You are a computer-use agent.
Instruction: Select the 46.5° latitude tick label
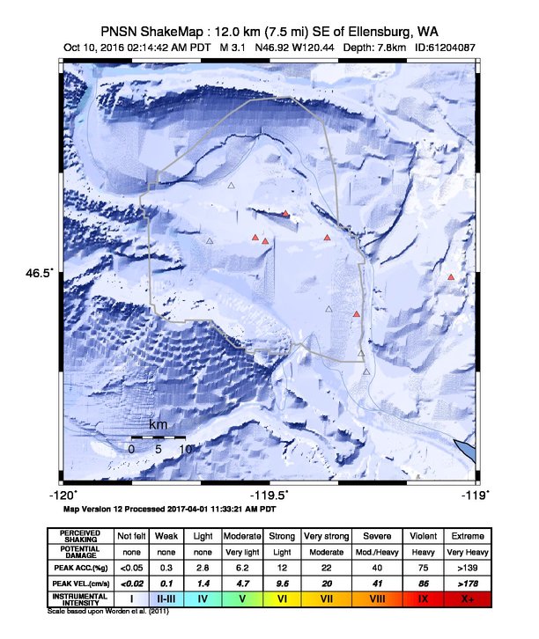click(x=40, y=273)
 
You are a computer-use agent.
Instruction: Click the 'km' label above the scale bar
click(x=159, y=425)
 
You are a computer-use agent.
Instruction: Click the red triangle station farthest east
click(x=451, y=277)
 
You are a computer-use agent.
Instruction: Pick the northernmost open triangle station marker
click(x=232, y=185)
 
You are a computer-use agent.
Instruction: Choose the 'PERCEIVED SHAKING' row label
click(x=80, y=535)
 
